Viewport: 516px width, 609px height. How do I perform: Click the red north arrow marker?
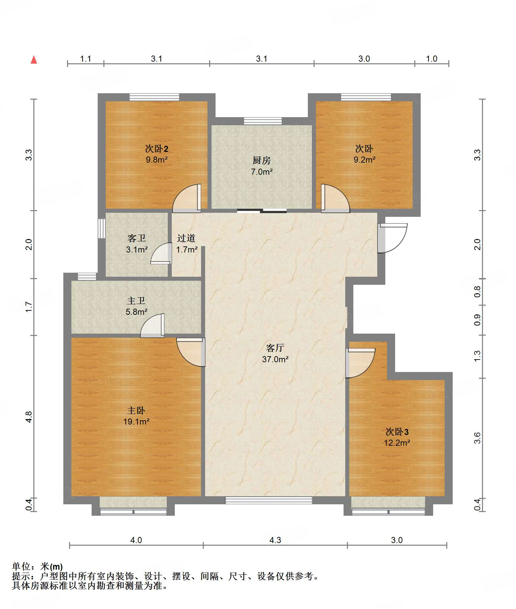pos(34,60)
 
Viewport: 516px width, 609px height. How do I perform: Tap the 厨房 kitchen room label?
pos(261,160)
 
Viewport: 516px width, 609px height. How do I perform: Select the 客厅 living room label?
pos(275,348)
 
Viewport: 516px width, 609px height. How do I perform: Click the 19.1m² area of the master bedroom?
pos(136,421)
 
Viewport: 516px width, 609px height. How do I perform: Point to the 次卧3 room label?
pos(397,432)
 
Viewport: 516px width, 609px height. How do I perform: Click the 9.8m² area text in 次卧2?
pos(157,160)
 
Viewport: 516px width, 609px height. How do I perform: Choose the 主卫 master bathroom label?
pos(136,300)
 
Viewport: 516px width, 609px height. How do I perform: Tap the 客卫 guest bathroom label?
pos(137,238)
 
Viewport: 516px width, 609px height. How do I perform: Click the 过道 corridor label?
pos(186,238)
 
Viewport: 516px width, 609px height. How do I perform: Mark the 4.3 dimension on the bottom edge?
pos(275,540)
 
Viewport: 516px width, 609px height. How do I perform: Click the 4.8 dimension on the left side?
pos(29,417)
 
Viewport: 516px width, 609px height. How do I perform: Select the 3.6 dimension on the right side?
pos(477,438)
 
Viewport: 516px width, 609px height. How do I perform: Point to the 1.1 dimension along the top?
pos(86,59)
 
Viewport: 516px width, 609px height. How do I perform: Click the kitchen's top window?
pos(263,121)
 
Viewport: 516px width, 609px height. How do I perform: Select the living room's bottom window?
pos(269,500)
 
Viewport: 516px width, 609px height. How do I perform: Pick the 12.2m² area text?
pos(397,443)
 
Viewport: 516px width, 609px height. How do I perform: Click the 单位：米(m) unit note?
pos(37,567)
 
